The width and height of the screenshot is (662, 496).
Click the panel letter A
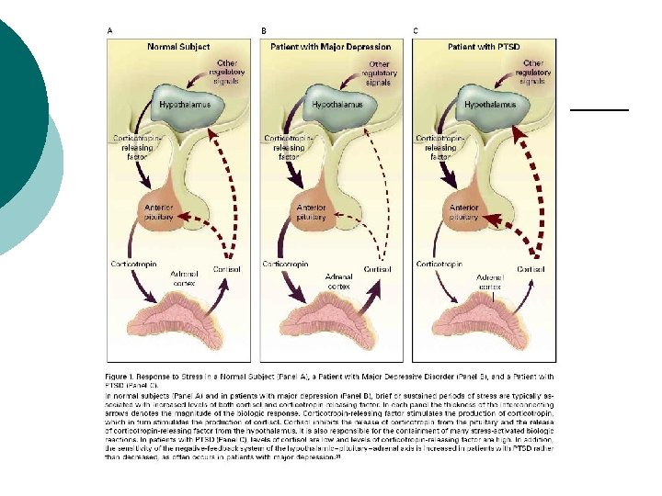[109, 31]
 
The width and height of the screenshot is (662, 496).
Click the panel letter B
[264, 31]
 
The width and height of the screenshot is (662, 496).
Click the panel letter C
[416, 31]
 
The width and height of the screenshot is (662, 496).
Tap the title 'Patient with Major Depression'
[331, 46]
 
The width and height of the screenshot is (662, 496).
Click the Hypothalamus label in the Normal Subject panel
[183, 105]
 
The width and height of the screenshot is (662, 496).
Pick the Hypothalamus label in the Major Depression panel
[337, 105]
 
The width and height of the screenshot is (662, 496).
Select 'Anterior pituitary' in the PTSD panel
[464, 212]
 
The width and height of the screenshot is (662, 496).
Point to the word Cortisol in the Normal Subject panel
[226, 269]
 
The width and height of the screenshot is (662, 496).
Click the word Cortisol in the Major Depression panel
[377, 269]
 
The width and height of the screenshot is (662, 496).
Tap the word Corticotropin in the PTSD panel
[439, 264]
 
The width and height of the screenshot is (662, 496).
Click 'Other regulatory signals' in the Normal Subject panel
[224, 73]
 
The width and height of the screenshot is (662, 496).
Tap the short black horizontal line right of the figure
[599, 109]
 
